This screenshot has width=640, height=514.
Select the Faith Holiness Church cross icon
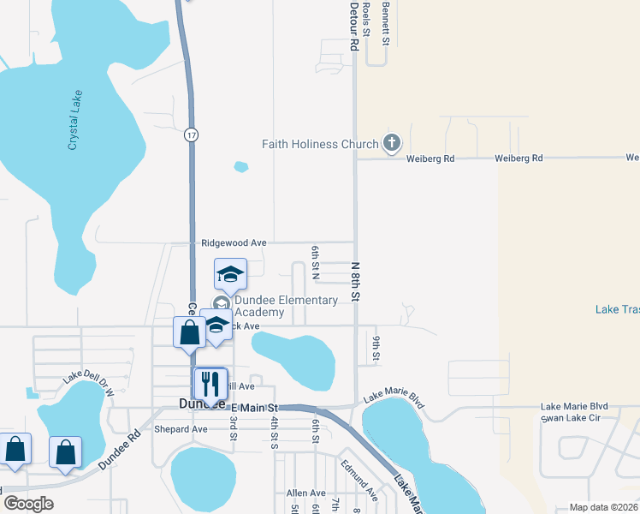392,143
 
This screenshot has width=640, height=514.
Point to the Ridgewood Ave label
233,243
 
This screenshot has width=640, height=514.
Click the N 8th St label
356,282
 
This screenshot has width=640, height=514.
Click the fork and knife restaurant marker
210,382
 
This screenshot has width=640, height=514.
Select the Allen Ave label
306,493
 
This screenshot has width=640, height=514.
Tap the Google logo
28,504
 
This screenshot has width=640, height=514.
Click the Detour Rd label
353,26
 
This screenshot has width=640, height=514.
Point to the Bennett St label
387,24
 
